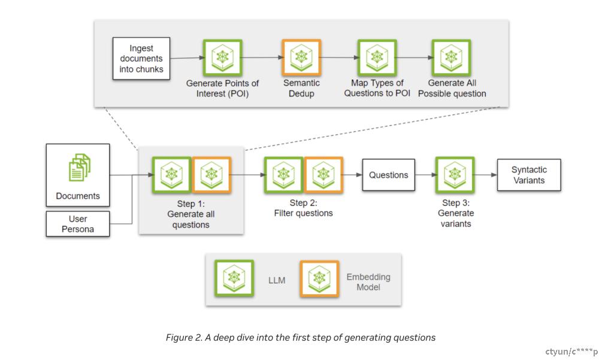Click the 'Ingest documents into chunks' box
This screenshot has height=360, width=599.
(x=141, y=59)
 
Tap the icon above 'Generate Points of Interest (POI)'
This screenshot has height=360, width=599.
(x=223, y=58)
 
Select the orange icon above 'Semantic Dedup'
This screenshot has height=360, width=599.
(x=301, y=58)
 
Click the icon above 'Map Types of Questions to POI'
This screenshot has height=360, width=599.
(x=377, y=58)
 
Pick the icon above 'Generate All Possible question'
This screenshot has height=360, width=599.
(x=451, y=58)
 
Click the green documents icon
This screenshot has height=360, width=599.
(x=80, y=167)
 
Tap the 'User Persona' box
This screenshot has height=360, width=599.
(x=78, y=224)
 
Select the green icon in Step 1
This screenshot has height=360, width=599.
(x=171, y=175)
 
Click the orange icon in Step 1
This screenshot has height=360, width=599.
(x=211, y=175)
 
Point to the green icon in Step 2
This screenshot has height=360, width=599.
(x=283, y=175)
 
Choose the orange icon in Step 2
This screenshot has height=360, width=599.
(x=323, y=175)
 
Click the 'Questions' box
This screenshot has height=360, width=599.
(x=389, y=175)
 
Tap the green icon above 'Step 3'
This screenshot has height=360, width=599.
(x=455, y=175)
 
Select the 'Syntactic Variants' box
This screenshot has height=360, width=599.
(x=529, y=175)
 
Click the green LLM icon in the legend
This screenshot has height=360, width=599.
(x=234, y=278)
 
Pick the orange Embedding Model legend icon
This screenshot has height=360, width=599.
(x=319, y=279)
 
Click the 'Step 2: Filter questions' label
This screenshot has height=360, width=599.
(x=303, y=208)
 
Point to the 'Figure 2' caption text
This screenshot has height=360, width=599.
(x=301, y=337)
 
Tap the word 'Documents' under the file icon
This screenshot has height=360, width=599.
(x=78, y=196)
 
